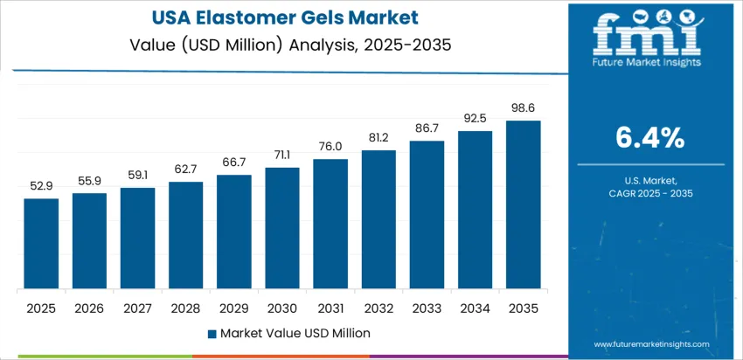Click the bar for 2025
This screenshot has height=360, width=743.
coord(41,244)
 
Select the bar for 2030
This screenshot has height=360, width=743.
coord(282,228)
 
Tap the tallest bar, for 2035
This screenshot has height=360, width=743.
coord(524,204)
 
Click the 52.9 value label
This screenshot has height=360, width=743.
coord(41,186)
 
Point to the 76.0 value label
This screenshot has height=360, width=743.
coord(330,147)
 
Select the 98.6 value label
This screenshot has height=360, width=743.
coord(524,108)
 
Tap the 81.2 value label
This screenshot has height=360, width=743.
coord(378,138)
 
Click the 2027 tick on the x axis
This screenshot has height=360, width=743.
coord(137,308)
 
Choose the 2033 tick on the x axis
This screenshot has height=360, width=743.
coord(427,308)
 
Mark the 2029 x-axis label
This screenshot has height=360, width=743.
coord(234,308)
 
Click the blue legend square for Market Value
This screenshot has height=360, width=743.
coord(211,333)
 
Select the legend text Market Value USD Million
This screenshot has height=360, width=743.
coord(295,333)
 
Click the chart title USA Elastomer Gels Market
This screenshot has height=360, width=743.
coord(283,17)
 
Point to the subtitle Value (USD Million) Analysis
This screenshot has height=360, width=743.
coord(283,44)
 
